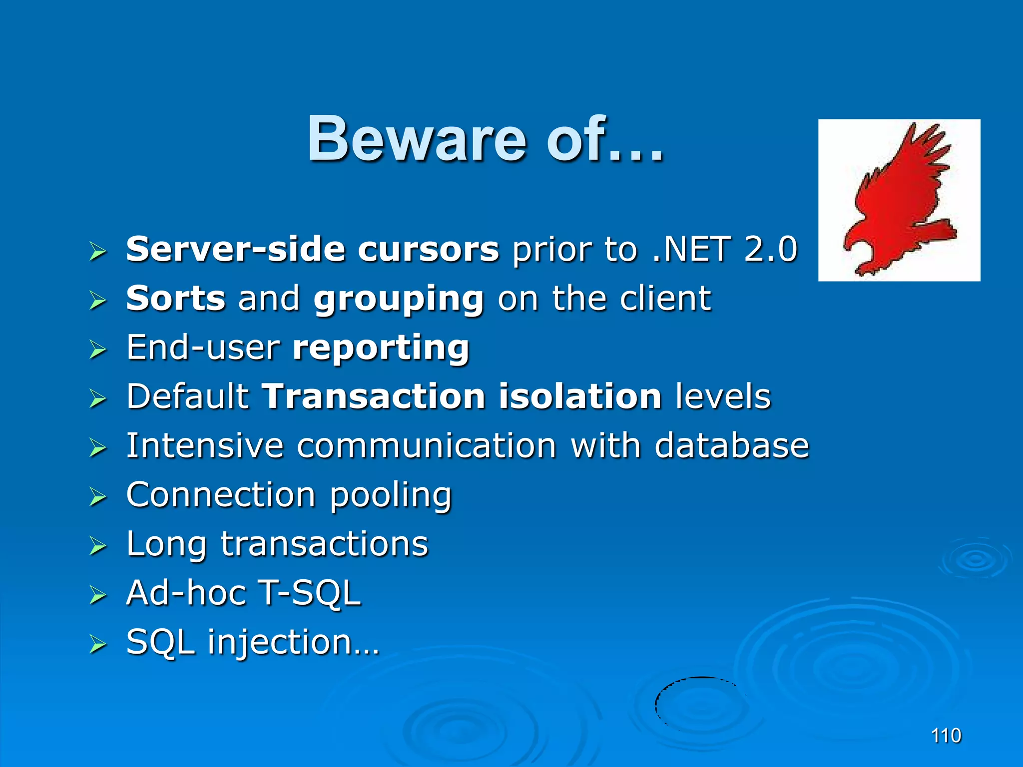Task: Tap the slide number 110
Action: click(x=946, y=736)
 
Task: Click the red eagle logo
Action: click(x=899, y=200)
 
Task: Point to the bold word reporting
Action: click(x=381, y=348)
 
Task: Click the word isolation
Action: click(x=580, y=396)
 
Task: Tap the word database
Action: click(x=731, y=445)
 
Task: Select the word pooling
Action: click(x=391, y=496)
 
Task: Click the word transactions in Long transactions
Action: click(x=325, y=544)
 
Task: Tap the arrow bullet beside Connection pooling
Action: click(x=98, y=497)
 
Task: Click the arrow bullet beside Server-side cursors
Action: click(x=98, y=251)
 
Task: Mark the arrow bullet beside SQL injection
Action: click(x=98, y=644)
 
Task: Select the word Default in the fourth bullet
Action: click(x=187, y=396)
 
